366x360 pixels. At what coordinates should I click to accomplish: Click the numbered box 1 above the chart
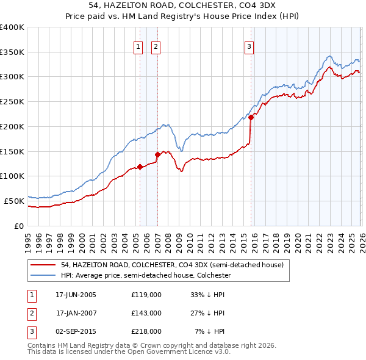pos(138,46)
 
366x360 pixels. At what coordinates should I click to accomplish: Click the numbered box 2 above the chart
pos(156,46)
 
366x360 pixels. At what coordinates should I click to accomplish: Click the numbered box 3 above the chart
pos(249,46)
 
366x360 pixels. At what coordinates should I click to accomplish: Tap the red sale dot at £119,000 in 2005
pos(140,166)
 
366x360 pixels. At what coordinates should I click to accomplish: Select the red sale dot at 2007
pos(157,154)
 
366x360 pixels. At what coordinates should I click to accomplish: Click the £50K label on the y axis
pos(14,200)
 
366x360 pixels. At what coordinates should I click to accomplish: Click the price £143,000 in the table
pos(146,313)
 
